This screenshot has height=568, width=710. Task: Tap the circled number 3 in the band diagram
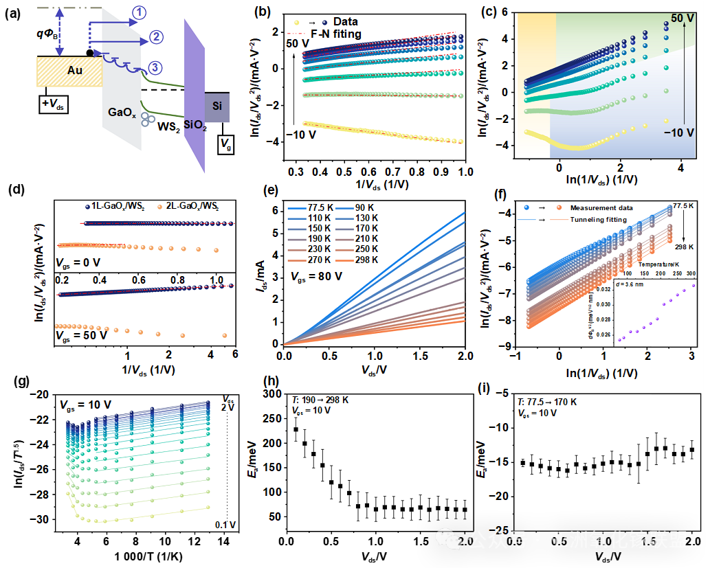coord(156,67)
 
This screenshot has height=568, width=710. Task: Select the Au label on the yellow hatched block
coord(74,70)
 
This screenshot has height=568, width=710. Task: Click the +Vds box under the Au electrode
coord(56,104)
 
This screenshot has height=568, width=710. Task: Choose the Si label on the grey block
coord(217,106)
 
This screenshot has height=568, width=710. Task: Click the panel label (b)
coord(262,12)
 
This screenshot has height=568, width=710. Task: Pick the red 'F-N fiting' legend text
coord(335,34)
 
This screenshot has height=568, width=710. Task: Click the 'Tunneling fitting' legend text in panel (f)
coord(598,220)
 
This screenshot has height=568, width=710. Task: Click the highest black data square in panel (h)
coord(296,429)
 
